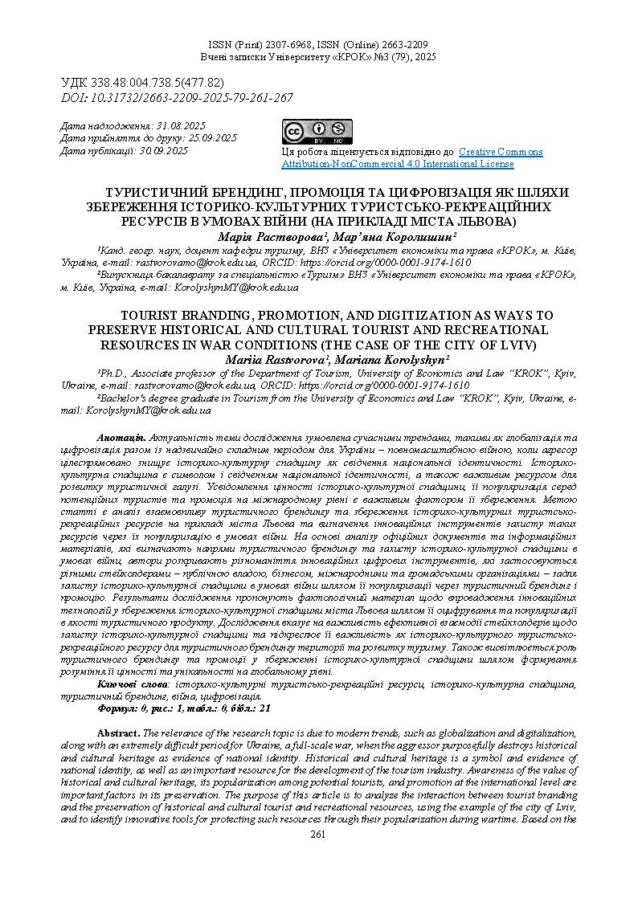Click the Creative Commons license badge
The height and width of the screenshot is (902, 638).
tap(317, 132)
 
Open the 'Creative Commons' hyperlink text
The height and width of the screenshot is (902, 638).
tap(501, 152)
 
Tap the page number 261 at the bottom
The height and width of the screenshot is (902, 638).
tap(318, 835)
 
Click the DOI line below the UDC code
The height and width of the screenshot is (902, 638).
tap(178, 98)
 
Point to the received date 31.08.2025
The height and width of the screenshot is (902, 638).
tap(180, 126)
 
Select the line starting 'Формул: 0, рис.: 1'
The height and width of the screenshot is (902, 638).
tap(184, 708)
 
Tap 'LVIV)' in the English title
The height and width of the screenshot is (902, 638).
tap(519, 345)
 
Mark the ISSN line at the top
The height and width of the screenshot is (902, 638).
tap(318, 45)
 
